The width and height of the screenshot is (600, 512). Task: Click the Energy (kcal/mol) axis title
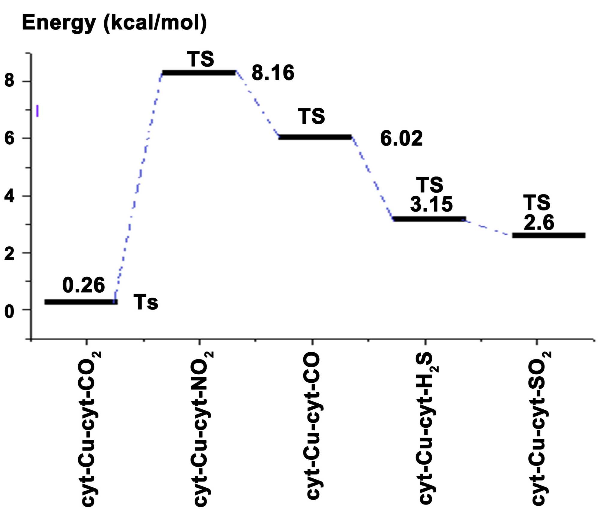[114, 23]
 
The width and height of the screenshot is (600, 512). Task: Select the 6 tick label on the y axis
[9, 138]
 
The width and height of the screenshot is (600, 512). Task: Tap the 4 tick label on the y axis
[9, 197]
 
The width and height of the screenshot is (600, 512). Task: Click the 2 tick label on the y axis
[9, 254]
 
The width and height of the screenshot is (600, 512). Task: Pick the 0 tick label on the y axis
[9, 312]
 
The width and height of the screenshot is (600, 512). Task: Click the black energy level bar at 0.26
[81, 302]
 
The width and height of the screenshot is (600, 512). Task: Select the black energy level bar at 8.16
[199, 73]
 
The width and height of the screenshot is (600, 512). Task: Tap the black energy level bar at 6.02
[315, 137]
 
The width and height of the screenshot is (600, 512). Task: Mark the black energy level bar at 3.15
[429, 219]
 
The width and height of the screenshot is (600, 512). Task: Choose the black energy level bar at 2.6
[548, 235]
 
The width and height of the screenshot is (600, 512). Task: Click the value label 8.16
[273, 73]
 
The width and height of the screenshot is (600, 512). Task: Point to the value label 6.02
[401, 139]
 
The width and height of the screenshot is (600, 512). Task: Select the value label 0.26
[83, 285]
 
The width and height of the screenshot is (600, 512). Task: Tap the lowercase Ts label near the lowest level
[145, 302]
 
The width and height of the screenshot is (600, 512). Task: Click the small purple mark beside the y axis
[37, 110]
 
